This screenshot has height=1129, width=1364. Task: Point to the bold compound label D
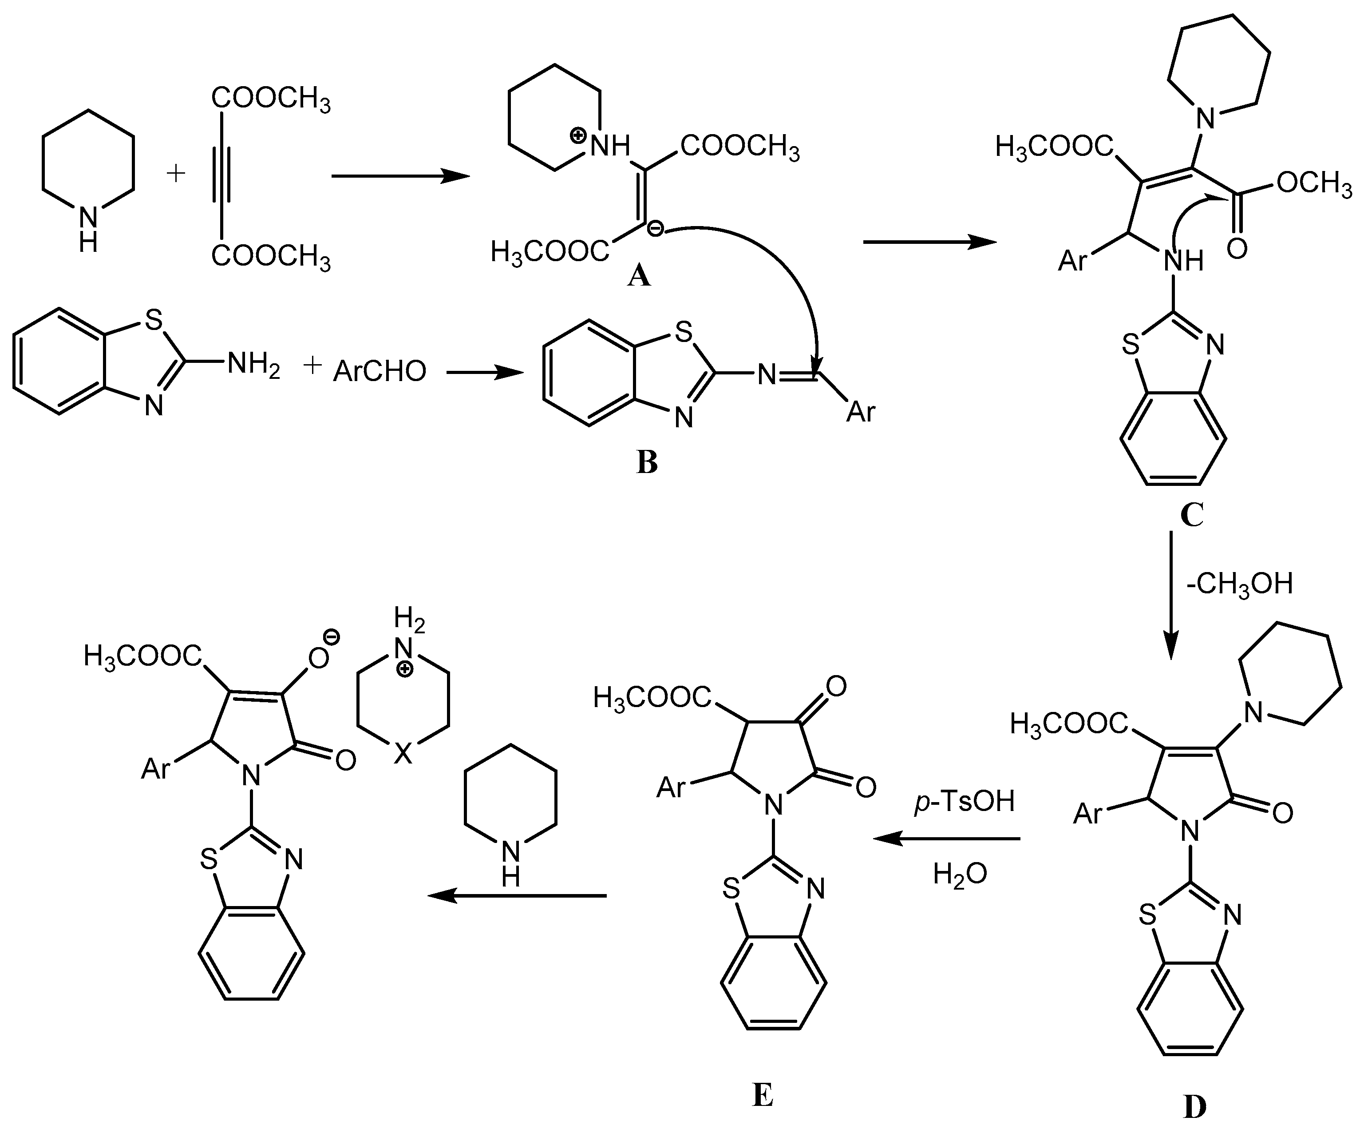pyautogui.click(x=1194, y=1107)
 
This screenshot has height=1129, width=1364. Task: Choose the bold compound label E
pyautogui.click(x=763, y=1096)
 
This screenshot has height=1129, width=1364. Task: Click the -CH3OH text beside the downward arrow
pyautogui.click(x=1239, y=584)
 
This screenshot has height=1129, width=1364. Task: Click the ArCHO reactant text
pyautogui.click(x=380, y=371)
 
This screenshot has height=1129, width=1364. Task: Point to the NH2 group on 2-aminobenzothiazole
pyautogui.click(x=253, y=366)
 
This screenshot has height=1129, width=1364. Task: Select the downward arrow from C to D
pyautogui.click(x=1170, y=594)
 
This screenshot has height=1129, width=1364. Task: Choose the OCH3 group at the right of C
pyautogui.click(x=1313, y=184)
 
